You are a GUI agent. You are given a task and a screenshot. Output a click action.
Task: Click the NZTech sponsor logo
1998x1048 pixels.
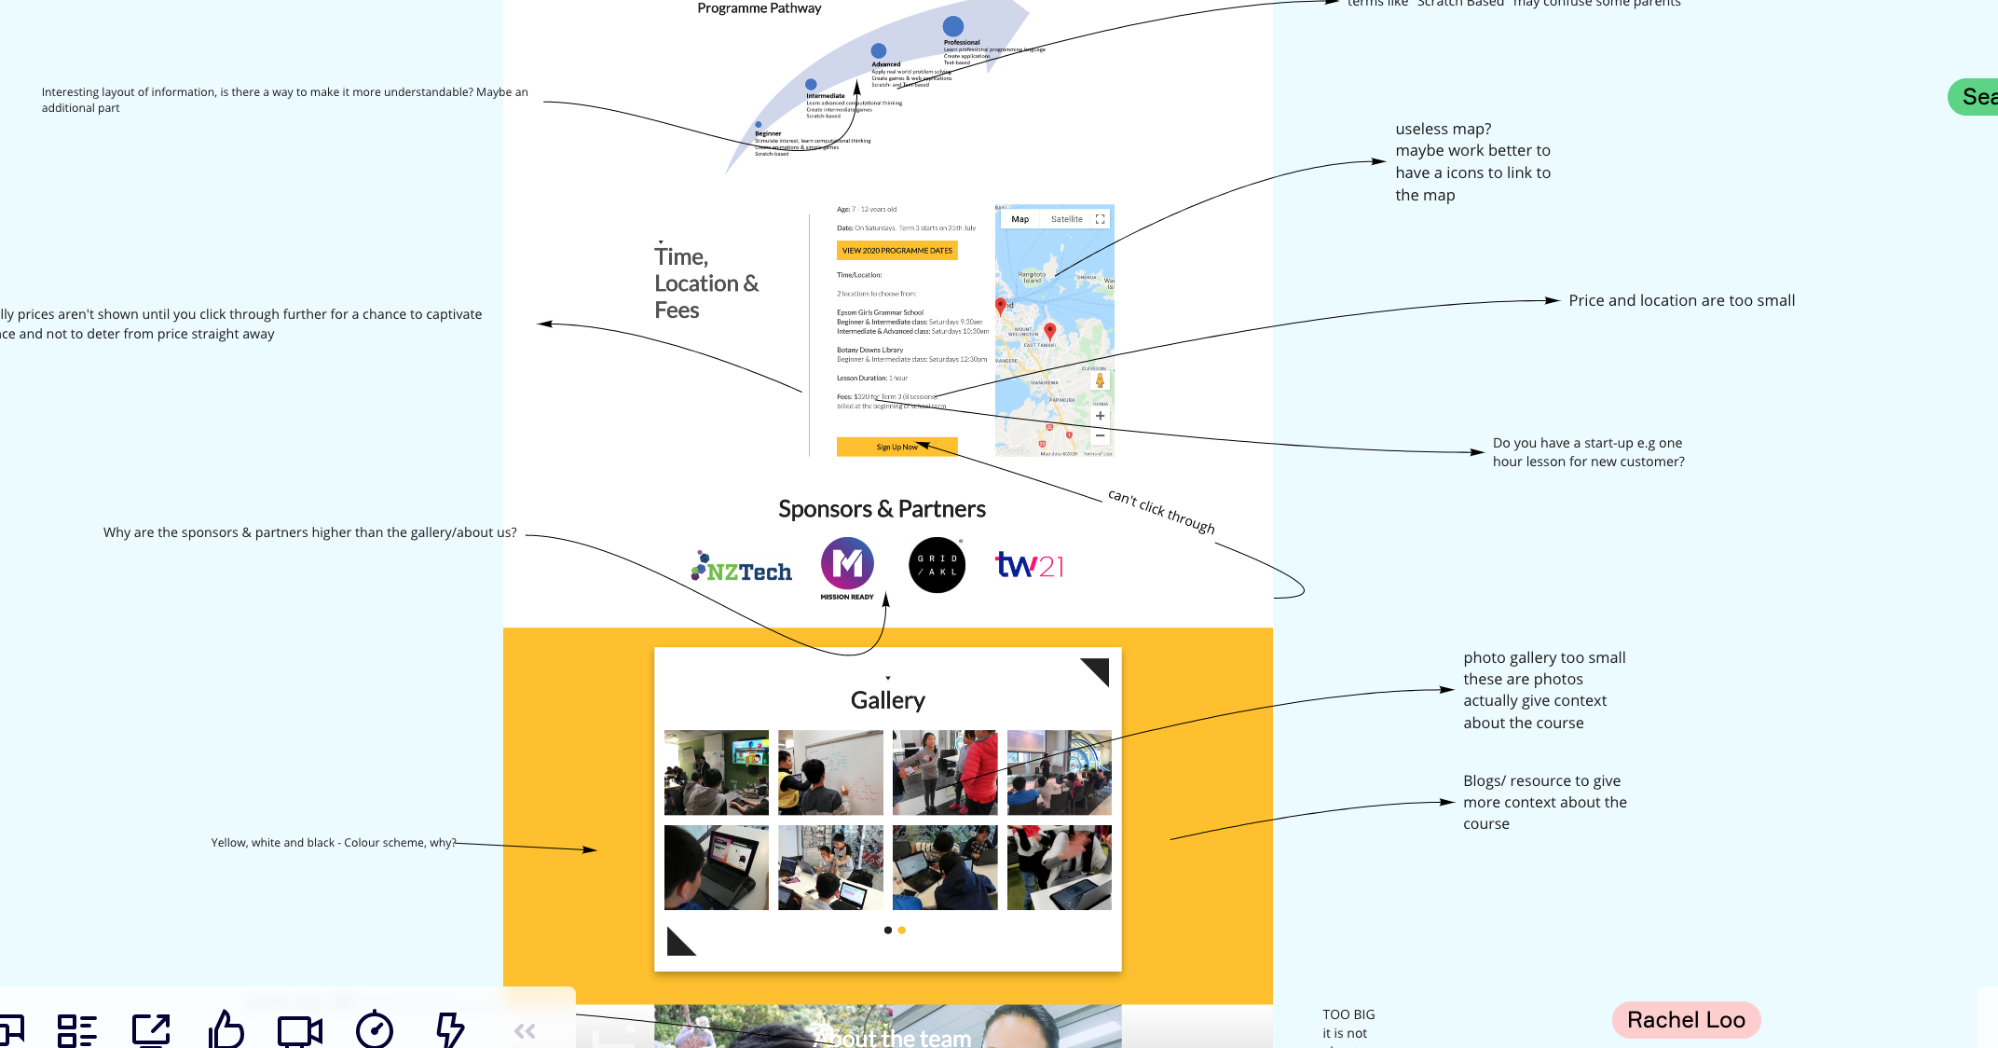[x=743, y=568]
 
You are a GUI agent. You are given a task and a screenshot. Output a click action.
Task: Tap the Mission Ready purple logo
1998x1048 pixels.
[x=847, y=565]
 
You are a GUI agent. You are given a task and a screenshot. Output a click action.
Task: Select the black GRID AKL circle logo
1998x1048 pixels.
[x=937, y=565]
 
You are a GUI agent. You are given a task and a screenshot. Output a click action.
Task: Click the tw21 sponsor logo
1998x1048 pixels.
[x=1029, y=565]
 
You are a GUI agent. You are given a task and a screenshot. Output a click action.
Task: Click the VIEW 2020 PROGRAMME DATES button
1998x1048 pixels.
[x=896, y=251]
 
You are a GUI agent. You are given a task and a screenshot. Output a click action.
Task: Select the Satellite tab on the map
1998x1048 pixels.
[x=1066, y=220]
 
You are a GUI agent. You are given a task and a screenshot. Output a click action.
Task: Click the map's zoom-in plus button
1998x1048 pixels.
[x=1100, y=416]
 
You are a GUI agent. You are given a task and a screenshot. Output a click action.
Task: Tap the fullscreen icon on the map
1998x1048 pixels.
[x=1100, y=220]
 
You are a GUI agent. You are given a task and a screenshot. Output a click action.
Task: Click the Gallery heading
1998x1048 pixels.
[x=887, y=700]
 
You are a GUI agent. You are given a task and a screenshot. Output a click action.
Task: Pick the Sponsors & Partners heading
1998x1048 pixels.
[x=882, y=509]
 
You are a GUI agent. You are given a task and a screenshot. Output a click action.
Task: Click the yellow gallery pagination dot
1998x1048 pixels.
[x=901, y=931]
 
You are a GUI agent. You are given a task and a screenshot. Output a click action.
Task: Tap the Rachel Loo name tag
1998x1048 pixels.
[x=1686, y=1020]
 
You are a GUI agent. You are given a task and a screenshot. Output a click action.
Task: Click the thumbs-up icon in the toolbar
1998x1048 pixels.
[x=226, y=1029]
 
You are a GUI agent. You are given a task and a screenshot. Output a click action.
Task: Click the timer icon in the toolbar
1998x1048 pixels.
[x=375, y=1029]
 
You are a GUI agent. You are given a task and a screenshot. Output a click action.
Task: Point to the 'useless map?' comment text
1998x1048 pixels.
[x=1472, y=161]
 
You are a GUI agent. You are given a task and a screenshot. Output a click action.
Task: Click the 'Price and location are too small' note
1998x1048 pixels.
[x=1681, y=301]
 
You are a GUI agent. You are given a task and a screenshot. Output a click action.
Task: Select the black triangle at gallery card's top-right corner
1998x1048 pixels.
[x=1097, y=669]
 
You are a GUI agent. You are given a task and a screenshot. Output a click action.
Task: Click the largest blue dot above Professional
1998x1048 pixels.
[x=952, y=26]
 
